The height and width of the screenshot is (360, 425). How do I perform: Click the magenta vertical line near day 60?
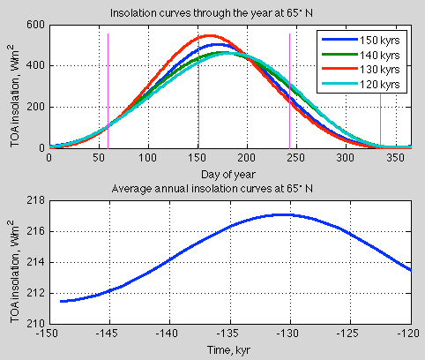(108, 88)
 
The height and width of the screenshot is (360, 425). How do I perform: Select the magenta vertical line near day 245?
(289, 88)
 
